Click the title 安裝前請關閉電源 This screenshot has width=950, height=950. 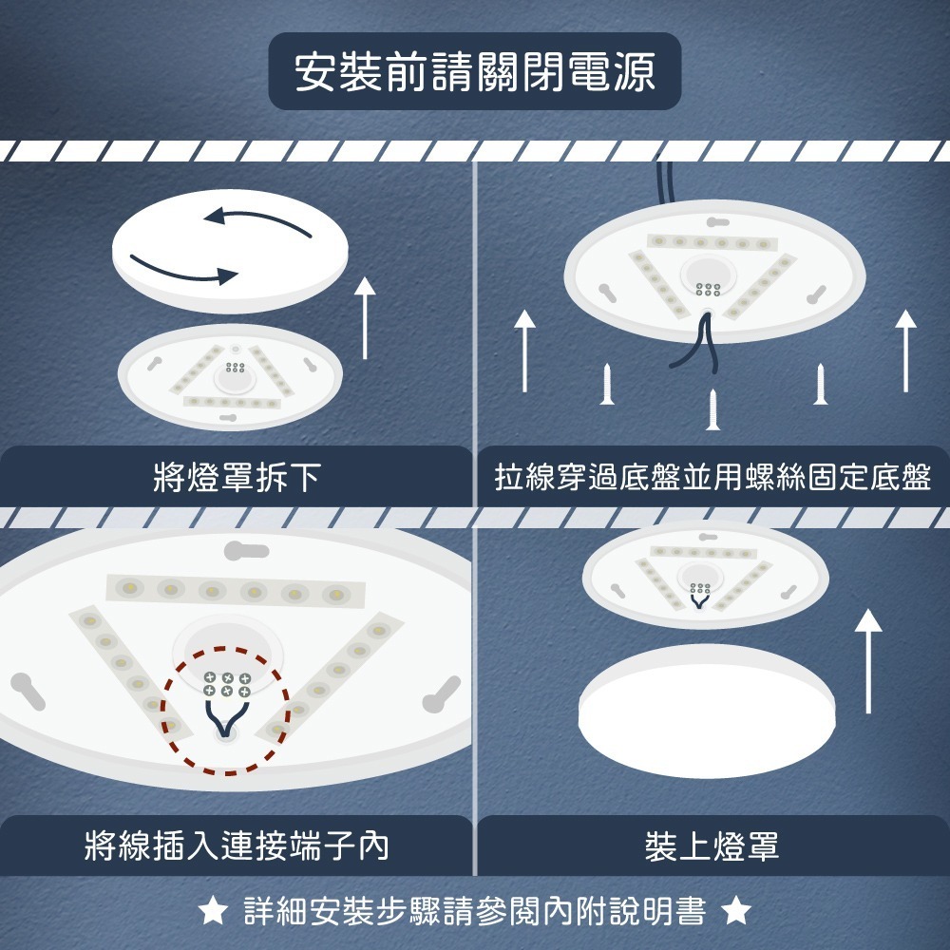[x=475, y=72]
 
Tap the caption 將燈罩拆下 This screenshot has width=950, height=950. [x=237, y=477]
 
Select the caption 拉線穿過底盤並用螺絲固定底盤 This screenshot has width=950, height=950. [x=712, y=477]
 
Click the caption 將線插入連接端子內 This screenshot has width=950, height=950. [x=237, y=845]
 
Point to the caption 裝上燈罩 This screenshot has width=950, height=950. [x=712, y=845]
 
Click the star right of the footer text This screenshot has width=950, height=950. [x=736, y=913]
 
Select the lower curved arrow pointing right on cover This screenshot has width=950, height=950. [x=183, y=269]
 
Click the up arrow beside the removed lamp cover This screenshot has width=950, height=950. [x=365, y=318]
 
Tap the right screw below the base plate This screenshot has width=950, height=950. [x=820, y=384]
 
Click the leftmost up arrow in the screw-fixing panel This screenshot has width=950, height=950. [x=524, y=351]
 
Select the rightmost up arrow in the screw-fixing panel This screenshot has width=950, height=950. [x=905, y=351]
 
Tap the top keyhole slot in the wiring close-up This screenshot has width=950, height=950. [x=246, y=550]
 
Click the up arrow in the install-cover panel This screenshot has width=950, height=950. [x=867, y=660]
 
